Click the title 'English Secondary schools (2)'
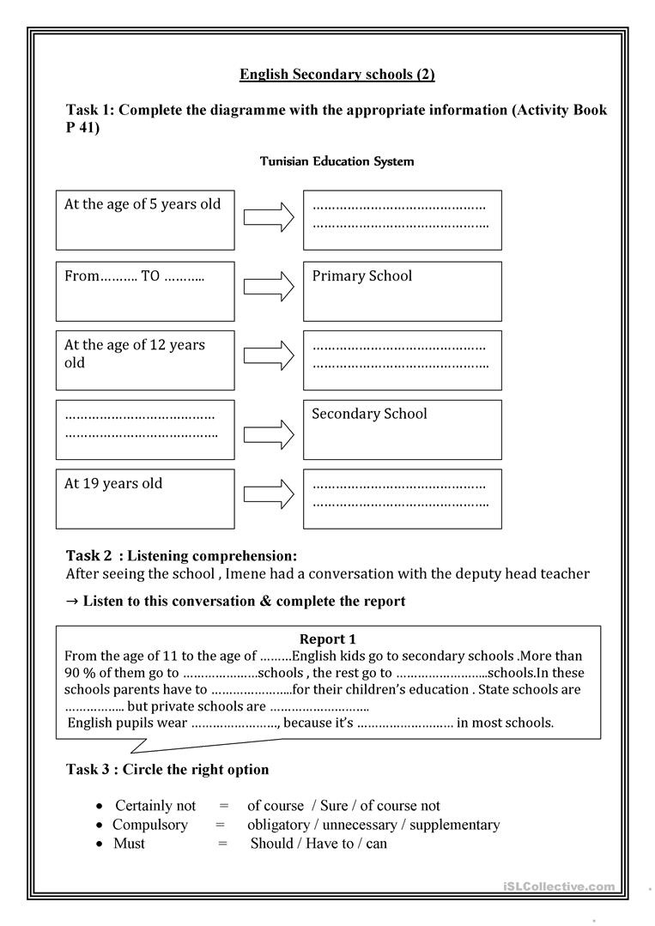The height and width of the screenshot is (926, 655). coord(337,75)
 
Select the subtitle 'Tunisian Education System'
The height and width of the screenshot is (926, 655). coord(337,161)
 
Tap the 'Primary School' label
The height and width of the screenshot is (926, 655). coord(361,276)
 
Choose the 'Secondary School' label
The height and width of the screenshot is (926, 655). coord(369,414)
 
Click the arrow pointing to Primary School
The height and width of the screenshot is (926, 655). coord(269,287)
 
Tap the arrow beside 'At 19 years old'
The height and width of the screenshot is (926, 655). coord(269,495)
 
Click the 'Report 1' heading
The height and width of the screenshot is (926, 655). coord(327,639)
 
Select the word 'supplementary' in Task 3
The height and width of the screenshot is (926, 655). coord(454,825)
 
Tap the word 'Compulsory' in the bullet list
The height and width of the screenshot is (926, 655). coord(150,825)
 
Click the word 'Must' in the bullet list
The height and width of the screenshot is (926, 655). coord(130,844)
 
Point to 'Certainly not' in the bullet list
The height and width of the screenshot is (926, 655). coord(155,806)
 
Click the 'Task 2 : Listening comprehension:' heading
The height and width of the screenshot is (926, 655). coord(182,556)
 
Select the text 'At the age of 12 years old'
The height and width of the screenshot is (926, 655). coord(135,354)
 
